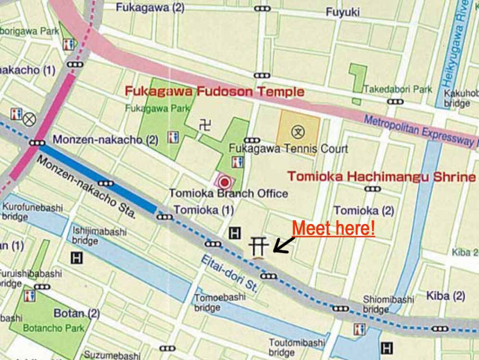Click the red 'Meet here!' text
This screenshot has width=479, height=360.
coord(333,228)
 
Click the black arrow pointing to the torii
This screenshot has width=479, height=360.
coord(283,244)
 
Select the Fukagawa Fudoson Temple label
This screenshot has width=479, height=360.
coord(214,91)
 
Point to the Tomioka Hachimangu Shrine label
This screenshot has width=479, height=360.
coord(381,176)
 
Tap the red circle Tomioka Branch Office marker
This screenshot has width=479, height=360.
coord(224,182)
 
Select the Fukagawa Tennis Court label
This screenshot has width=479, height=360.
coord(288,149)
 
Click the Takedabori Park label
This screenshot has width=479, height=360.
coord(397,89)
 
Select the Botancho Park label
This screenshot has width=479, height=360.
coord(53,329)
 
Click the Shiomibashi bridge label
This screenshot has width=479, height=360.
coord(388,304)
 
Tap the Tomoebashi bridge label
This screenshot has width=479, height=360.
coord(220,302)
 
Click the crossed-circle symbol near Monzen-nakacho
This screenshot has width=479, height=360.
coord(29,119)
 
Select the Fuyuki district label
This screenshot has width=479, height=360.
coord(343,12)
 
